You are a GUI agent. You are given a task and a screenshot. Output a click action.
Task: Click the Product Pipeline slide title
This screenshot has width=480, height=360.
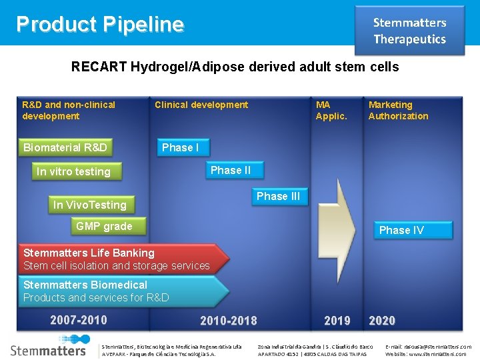click(100, 25)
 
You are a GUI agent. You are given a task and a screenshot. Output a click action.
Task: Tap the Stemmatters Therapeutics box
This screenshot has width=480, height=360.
click(409, 31)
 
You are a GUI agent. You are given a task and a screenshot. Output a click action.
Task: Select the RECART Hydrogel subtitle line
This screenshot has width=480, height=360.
click(235, 67)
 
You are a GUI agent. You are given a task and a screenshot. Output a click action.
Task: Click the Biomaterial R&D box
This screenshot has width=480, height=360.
click(65, 147)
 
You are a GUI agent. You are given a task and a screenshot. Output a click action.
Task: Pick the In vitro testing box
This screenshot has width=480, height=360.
click(73, 171)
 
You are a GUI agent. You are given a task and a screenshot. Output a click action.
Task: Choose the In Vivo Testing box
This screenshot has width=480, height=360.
click(90, 205)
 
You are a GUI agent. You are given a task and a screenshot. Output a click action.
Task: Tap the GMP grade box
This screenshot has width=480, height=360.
click(104, 227)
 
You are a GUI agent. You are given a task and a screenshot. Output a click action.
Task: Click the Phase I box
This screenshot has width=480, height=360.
click(181, 147)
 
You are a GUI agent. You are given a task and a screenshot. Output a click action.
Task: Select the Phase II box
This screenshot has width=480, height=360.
click(231, 171)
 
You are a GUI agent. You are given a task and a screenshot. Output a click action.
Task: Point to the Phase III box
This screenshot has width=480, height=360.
click(278, 196)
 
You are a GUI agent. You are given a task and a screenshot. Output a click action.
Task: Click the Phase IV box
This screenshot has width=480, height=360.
click(401, 230)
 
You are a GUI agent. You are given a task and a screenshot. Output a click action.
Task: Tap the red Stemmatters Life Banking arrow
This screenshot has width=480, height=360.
click(120, 259)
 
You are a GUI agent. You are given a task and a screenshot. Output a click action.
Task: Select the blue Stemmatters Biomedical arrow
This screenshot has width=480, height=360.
click(120, 291)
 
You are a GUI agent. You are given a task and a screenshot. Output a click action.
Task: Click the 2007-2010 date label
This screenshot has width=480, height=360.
click(79, 320)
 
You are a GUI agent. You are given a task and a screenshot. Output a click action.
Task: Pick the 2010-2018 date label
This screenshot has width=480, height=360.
click(228, 321)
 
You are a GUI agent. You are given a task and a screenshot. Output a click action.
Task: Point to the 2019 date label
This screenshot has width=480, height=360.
click(337, 321)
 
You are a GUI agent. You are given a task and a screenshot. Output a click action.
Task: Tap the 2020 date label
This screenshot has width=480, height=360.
click(382, 321)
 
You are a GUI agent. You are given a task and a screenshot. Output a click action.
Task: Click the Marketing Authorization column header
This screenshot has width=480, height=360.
click(399, 111)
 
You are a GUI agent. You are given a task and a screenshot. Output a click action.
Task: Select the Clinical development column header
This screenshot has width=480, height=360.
click(201, 105)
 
